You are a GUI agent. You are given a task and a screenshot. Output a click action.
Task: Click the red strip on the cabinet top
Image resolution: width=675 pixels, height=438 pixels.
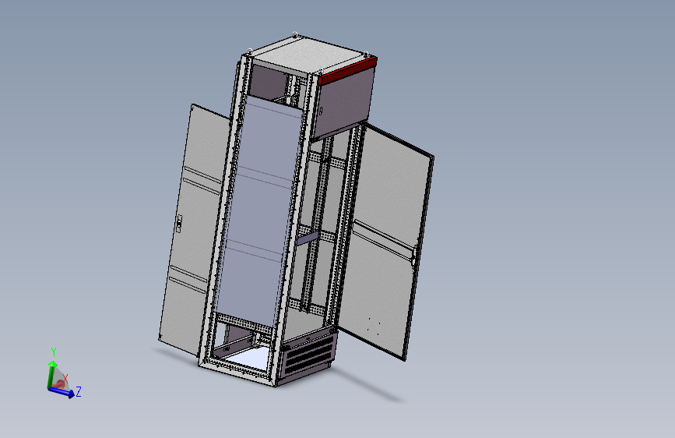348,70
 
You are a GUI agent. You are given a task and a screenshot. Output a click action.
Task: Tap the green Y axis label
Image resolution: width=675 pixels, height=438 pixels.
54,351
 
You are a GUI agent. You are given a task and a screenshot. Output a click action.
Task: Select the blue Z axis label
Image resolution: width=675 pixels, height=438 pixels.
79,392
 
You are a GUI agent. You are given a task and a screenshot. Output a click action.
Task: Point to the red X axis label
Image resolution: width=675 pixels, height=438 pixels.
65,379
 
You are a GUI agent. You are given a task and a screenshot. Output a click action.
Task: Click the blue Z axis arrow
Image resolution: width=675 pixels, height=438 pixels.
62,391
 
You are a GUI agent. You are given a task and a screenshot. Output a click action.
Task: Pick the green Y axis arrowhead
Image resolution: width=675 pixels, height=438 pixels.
53,364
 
